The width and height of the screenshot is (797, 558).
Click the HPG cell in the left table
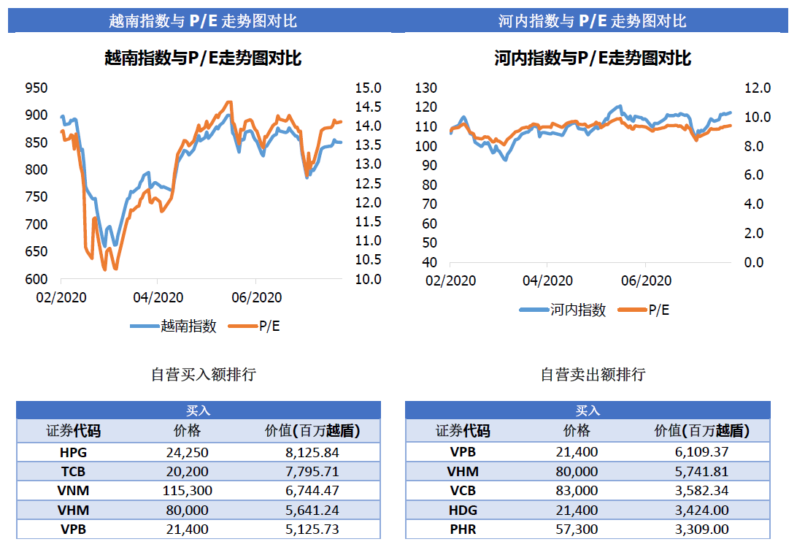point(73,452)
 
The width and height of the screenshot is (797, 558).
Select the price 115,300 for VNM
point(187,491)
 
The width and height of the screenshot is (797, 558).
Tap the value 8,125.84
point(312,452)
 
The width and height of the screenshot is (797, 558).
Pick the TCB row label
point(73,471)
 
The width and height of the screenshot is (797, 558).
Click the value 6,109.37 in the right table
point(701,452)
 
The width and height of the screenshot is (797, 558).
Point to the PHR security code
point(463,530)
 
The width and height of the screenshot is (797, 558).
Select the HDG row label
point(463,510)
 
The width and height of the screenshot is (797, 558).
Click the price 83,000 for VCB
point(576,491)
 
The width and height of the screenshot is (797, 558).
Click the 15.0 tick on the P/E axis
point(368,88)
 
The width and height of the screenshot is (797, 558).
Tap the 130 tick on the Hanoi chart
point(426,88)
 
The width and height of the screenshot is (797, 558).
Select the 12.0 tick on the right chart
point(757,88)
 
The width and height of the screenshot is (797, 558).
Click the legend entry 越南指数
point(188,326)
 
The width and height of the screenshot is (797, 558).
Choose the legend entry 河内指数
point(578,310)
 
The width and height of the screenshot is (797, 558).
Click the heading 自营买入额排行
point(204,375)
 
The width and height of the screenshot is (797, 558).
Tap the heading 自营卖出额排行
point(593,375)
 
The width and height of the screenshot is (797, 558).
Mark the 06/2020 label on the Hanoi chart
point(647,280)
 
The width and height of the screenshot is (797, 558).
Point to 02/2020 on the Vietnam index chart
point(61,297)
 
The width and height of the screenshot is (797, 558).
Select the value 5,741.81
point(701,471)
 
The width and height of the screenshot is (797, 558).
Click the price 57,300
point(576,530)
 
